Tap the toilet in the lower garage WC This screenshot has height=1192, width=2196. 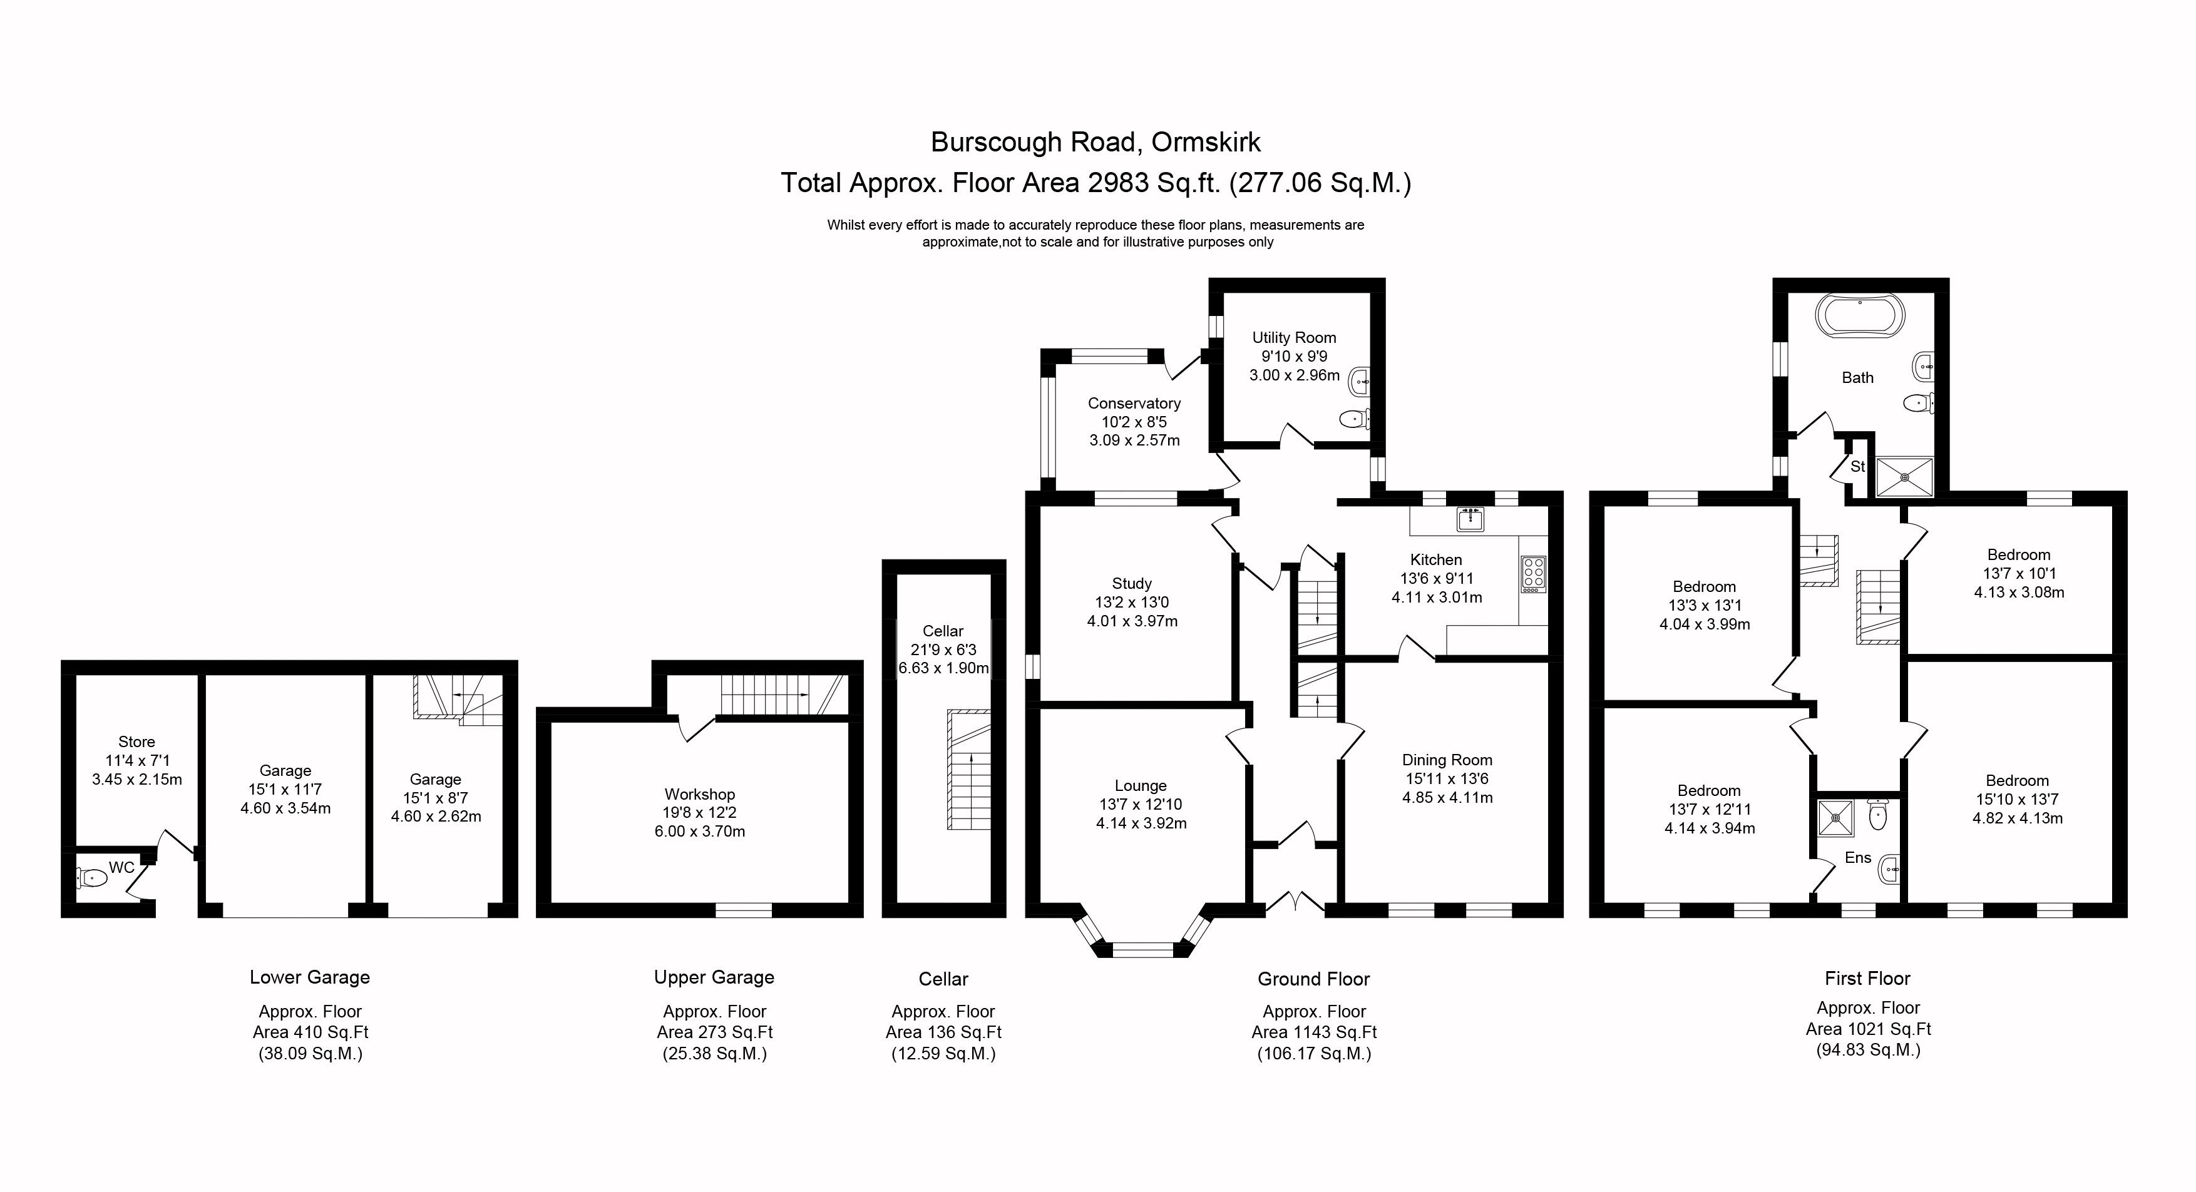(x=91, y=877)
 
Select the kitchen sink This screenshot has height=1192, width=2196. (x=1470, y=518)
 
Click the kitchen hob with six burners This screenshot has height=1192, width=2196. (x=1534, y=573)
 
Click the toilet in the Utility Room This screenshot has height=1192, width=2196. (x=1353, y=419)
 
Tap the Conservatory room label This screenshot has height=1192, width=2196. (x=1134, y=403)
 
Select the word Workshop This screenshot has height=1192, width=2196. (x=699, y=794)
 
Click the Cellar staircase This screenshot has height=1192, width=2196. (x=969, y=770)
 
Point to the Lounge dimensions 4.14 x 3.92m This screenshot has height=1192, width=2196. (x=1141, y=823)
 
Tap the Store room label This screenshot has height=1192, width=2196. (x=136, y=741)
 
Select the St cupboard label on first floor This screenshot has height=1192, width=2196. (x=1857, y=466)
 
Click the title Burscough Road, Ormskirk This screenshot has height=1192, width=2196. (x=1095, y=141)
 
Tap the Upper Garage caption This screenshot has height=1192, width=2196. (x=714, y=977)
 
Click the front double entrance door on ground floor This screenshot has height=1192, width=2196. (x=1295, y=903)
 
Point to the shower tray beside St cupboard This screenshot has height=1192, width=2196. (x=1904, y=477)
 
